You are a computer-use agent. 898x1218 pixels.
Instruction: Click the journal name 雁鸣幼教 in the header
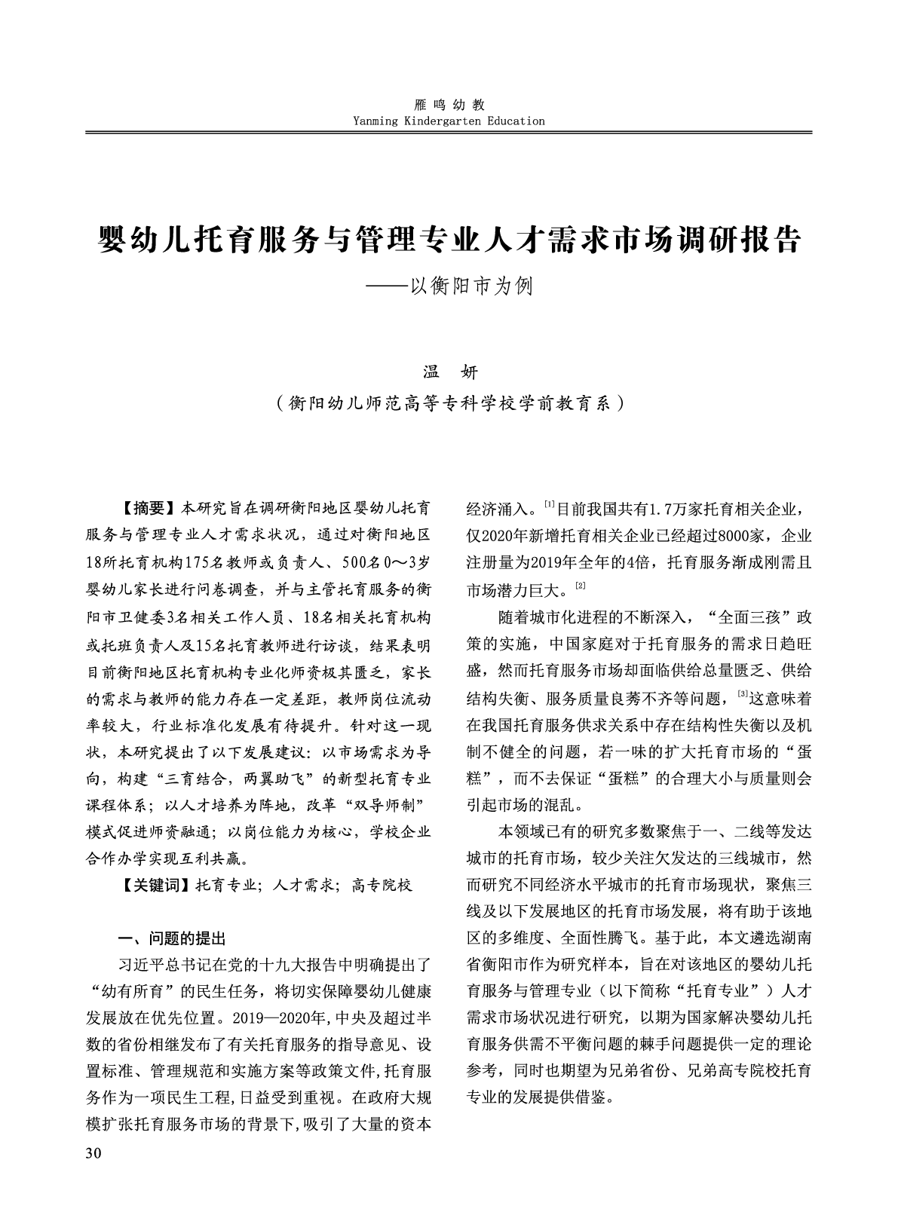pos(449,105)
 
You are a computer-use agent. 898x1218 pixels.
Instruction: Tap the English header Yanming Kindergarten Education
pos(449,121)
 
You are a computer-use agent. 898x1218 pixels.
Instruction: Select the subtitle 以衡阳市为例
pos(470,287)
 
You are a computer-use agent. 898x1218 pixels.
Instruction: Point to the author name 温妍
pos(449,372)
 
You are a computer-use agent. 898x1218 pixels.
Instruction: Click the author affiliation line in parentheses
pos(449,403)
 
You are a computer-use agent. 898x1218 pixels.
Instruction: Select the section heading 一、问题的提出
pos(173,938)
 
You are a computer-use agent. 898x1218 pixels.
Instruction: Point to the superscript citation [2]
pos(581,586)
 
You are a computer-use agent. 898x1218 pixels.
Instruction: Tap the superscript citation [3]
pos(742,693)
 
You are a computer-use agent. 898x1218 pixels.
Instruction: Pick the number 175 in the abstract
pos(197,563)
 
